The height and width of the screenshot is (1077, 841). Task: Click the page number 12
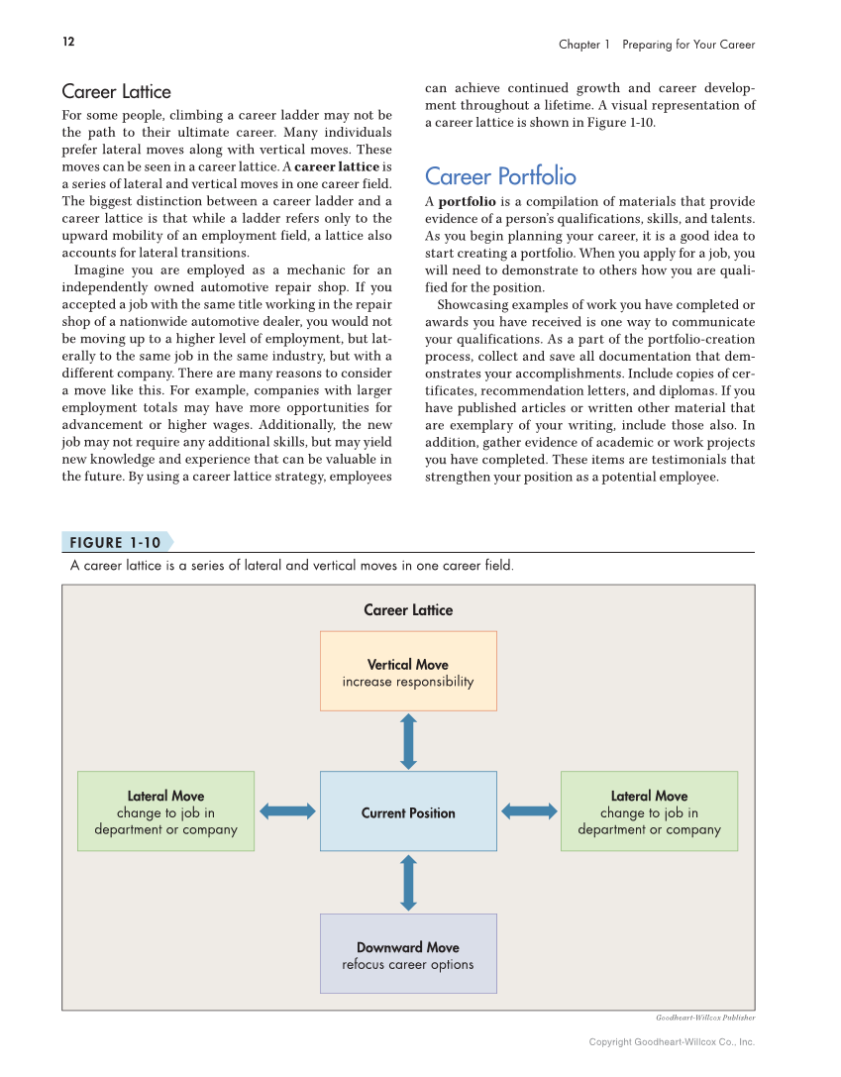click(x=67, y=42)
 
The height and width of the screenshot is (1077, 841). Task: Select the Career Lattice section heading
click(x=116, y=92)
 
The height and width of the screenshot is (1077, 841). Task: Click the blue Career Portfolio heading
click(x=500, y=176)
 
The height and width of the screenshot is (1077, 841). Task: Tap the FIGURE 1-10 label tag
click(x=115, y=543)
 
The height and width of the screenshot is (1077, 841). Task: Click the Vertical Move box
click(x=408, y=671)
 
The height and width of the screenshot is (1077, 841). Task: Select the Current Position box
click(x=408, y=812)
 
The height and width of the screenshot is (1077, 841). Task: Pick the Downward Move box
click(x=408, y=953)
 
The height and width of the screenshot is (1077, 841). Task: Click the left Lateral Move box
click(x=165, y=811)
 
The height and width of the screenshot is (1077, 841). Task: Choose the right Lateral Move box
click(x=649, y=811)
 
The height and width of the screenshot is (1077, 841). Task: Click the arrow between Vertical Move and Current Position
click(x=408, y=741)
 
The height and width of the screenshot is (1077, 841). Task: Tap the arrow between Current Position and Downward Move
click(x=408, y=883)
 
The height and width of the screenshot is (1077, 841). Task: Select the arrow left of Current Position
click(x=287, y=811)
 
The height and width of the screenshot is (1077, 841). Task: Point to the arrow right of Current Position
click(x=529, y=811)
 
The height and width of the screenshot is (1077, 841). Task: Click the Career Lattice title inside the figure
click(x=408, y=610)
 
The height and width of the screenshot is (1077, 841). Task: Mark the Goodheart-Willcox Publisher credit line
click(x=705, y=1018)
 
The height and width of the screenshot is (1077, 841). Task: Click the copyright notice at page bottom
click(x=672, y=1041)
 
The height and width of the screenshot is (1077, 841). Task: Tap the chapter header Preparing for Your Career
click(x=688, y=45)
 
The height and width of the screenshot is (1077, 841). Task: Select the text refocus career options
click(x=408, y=964)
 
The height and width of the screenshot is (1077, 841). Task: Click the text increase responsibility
click(x=408, y=682)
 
